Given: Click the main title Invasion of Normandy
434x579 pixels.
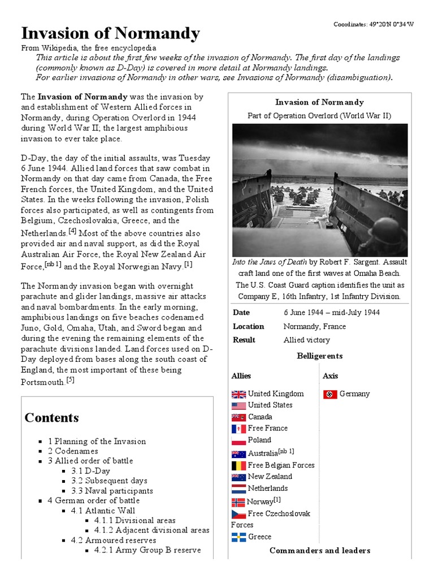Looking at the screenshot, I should pos(111,34).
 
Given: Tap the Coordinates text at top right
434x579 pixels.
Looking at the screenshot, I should pos(373,24).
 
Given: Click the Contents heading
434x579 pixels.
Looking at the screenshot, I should pos(51,418).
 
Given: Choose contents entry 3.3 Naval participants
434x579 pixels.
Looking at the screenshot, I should pos(111,491).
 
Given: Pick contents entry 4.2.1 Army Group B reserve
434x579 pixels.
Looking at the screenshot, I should pos(147,550).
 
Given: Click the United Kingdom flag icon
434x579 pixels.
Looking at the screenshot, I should pos(238,394).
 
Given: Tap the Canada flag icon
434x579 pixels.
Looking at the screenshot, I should pos(238,417).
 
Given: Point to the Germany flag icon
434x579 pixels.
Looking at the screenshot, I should pos(330,394).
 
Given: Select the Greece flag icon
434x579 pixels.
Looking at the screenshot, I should pos(238,537).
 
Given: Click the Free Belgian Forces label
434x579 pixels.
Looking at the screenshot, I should pos(281,465).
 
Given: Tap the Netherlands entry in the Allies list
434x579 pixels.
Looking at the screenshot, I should pos(268,489).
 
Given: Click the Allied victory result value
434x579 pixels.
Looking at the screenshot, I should pos(307,340).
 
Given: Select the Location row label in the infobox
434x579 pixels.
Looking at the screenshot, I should pos(249,326).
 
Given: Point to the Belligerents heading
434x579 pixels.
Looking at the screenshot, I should pos(319,356).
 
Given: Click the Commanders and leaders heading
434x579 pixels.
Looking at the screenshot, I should pos(320,551).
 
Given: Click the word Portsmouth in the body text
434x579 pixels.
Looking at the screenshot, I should pos(42,383).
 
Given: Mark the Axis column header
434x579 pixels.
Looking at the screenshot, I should pos(330,376).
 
